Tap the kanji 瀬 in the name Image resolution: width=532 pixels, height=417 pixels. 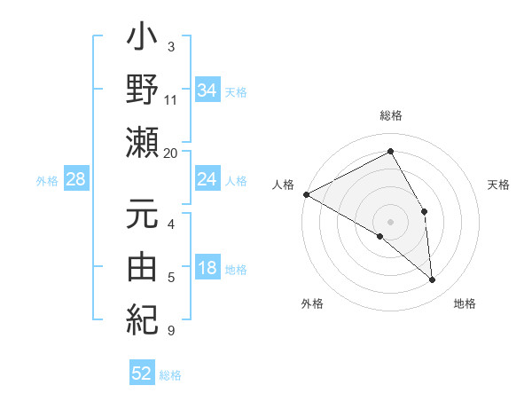click(x=143, y=142)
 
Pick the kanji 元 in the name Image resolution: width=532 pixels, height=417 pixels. click(x=143, y=215)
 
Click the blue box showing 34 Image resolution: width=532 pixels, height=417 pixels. click(x=207, y=90)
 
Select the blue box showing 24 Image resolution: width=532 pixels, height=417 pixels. click(x=207, y=180)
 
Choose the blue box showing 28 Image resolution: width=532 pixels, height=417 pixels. click(x=76, y=180)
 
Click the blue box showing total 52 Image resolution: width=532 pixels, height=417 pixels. click(x=142, y=374)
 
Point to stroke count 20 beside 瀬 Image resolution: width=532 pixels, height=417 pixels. click(x=171, y=153)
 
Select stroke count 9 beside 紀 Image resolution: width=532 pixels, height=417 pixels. click(x=171, y=331)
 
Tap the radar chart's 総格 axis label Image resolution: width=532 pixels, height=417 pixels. click(x=391, y=115)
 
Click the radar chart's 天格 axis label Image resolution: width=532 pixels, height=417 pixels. click(x=499, y=185)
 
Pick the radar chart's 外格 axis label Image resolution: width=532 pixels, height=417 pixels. click(x=312, y=303)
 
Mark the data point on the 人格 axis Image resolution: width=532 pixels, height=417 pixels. click(x=306, y=193)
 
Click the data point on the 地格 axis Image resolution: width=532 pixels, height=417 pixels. click(x=432, y=279)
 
